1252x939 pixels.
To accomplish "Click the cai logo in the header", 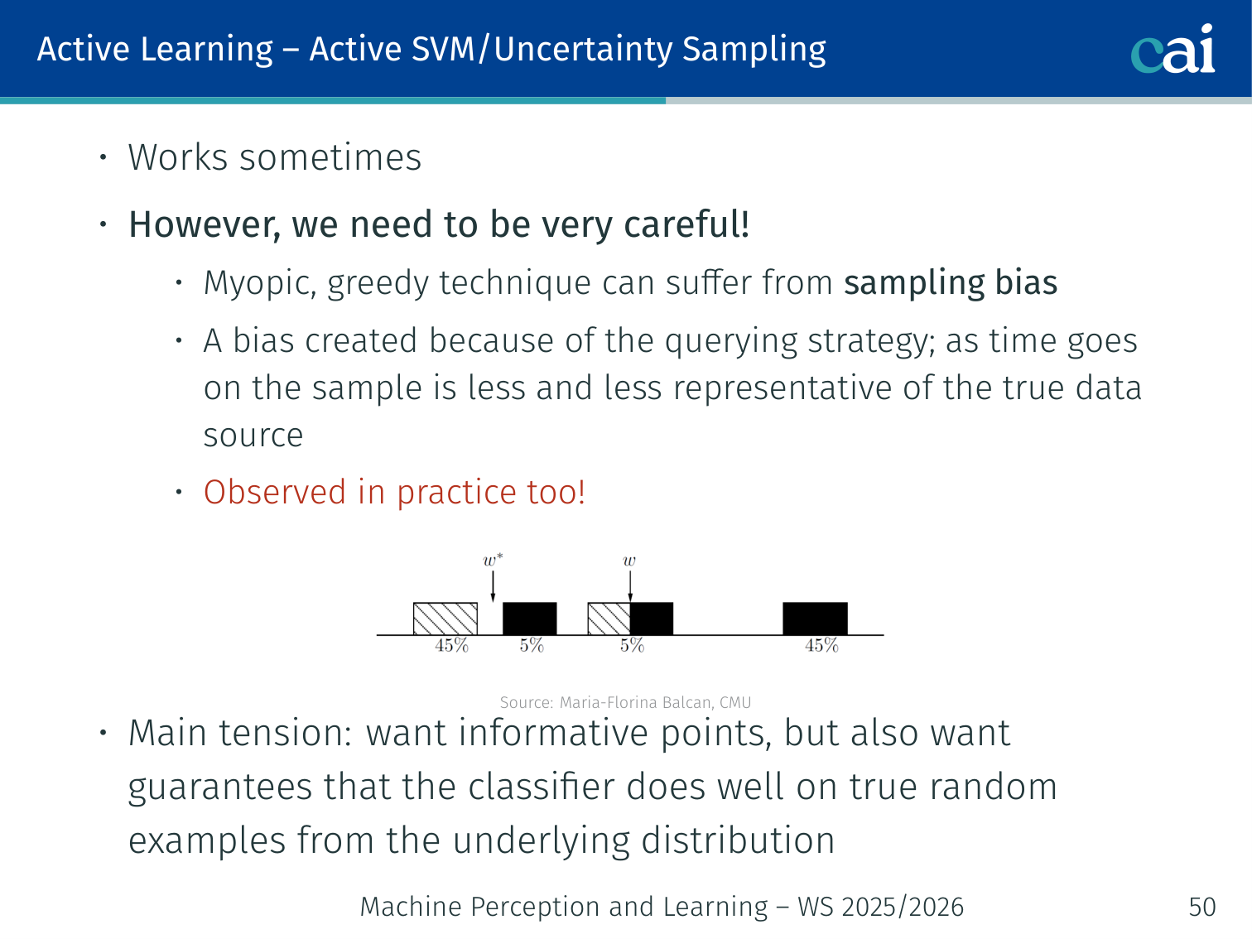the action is point(1173,50).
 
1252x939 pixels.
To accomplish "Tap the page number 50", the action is point(1202,907).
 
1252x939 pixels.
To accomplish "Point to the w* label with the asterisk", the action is point(493,560).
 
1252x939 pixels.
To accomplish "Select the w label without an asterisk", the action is point(629,561).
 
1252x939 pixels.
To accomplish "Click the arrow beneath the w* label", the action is point(493,586).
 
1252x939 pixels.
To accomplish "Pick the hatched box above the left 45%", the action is point(445,619).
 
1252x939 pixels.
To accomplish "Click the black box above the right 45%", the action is point(815,619).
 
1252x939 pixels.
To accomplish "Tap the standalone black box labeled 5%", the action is point(529,619).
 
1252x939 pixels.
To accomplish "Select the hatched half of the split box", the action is point(609,619).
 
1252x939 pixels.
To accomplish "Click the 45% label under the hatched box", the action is point(452,645).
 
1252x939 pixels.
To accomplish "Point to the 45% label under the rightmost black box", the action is point(822,645).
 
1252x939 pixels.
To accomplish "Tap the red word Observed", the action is point(275,492).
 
